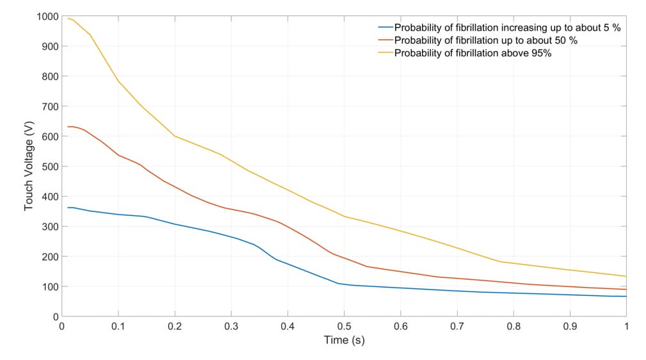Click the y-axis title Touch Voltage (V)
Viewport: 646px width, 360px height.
(29, 166)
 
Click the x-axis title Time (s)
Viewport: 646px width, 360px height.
(344, 340)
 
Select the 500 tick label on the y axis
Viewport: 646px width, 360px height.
(49, 167)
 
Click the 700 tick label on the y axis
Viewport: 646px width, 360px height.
(49, 106)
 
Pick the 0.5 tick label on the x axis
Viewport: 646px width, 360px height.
(344, 326)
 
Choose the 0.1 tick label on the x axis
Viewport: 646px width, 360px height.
(118, 326)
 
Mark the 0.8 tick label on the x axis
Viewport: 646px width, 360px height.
(513, 326)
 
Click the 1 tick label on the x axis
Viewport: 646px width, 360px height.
(626, 326)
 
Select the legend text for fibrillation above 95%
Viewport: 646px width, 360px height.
(472, 53)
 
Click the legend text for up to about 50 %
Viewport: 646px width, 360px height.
(486, 40)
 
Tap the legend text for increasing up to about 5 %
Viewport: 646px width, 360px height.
(507, 28)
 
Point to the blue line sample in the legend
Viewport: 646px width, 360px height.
(385, 28)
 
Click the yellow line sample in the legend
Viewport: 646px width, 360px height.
(385, 53)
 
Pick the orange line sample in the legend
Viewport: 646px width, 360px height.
(385, 40)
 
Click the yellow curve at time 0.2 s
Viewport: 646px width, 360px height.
(175, 136)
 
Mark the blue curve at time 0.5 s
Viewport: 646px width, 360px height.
(344, 284)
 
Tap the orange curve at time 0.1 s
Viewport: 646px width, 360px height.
(118, 155)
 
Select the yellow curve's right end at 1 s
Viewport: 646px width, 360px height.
(626, 276)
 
